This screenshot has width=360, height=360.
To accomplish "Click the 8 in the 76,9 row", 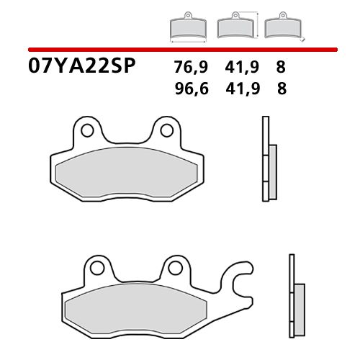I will (280, 68).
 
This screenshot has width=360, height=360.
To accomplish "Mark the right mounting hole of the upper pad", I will (166, 130).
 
